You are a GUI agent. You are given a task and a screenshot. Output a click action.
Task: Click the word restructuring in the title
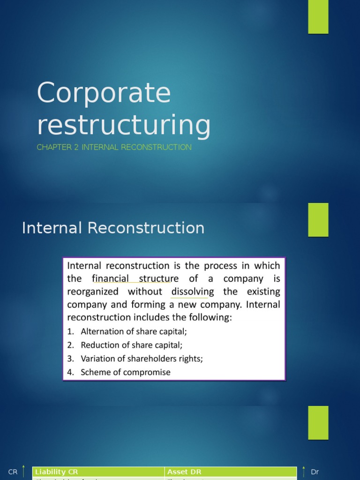pos(124,125)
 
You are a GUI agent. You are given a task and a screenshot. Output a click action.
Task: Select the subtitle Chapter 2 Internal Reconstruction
pos(114,147)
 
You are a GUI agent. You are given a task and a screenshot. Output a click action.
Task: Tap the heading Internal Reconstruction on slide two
pos(113,228)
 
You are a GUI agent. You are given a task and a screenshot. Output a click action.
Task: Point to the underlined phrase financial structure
pos(132,278)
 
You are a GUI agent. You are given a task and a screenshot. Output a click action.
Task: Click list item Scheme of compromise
pos(126,372)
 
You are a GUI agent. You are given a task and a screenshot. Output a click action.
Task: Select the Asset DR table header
pos(184,472)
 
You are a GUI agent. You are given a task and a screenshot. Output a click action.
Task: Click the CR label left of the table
pos(13,472)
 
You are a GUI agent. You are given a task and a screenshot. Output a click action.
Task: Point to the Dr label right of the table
pos(315,472)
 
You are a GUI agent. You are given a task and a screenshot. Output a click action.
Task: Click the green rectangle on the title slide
pos(318,17)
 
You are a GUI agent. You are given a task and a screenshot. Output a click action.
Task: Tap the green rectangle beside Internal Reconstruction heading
pos(318,220)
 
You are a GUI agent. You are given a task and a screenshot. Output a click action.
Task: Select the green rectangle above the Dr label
pos(318,422)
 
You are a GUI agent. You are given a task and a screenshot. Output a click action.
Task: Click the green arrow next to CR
pos(23,472)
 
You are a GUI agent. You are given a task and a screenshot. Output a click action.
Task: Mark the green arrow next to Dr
pos(304,472)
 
